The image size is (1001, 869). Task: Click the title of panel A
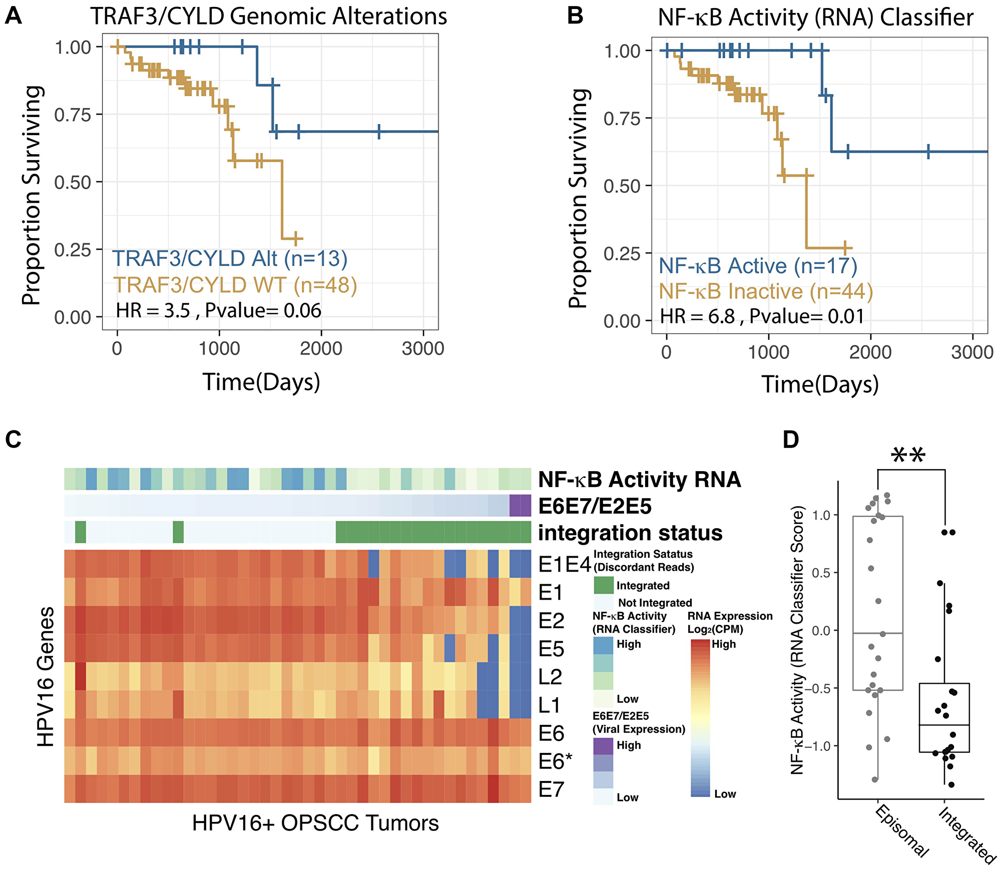[269, 16]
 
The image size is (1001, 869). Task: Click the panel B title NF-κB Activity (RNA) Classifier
[815, 18]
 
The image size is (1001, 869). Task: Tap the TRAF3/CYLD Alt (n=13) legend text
[230, 259]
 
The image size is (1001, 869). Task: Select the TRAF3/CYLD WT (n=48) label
[235, 285]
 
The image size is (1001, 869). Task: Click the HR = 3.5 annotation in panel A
[153, 311]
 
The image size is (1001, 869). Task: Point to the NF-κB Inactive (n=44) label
[765, 291]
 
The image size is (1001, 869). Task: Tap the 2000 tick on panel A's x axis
[321, 348]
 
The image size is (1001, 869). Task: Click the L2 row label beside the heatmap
[551, 677]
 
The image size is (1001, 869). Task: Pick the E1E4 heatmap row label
[565, 565]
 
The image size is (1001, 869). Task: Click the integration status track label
[630, 533]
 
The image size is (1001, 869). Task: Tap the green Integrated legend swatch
[604, 585]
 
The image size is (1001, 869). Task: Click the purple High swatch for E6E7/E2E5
[603, 745]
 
